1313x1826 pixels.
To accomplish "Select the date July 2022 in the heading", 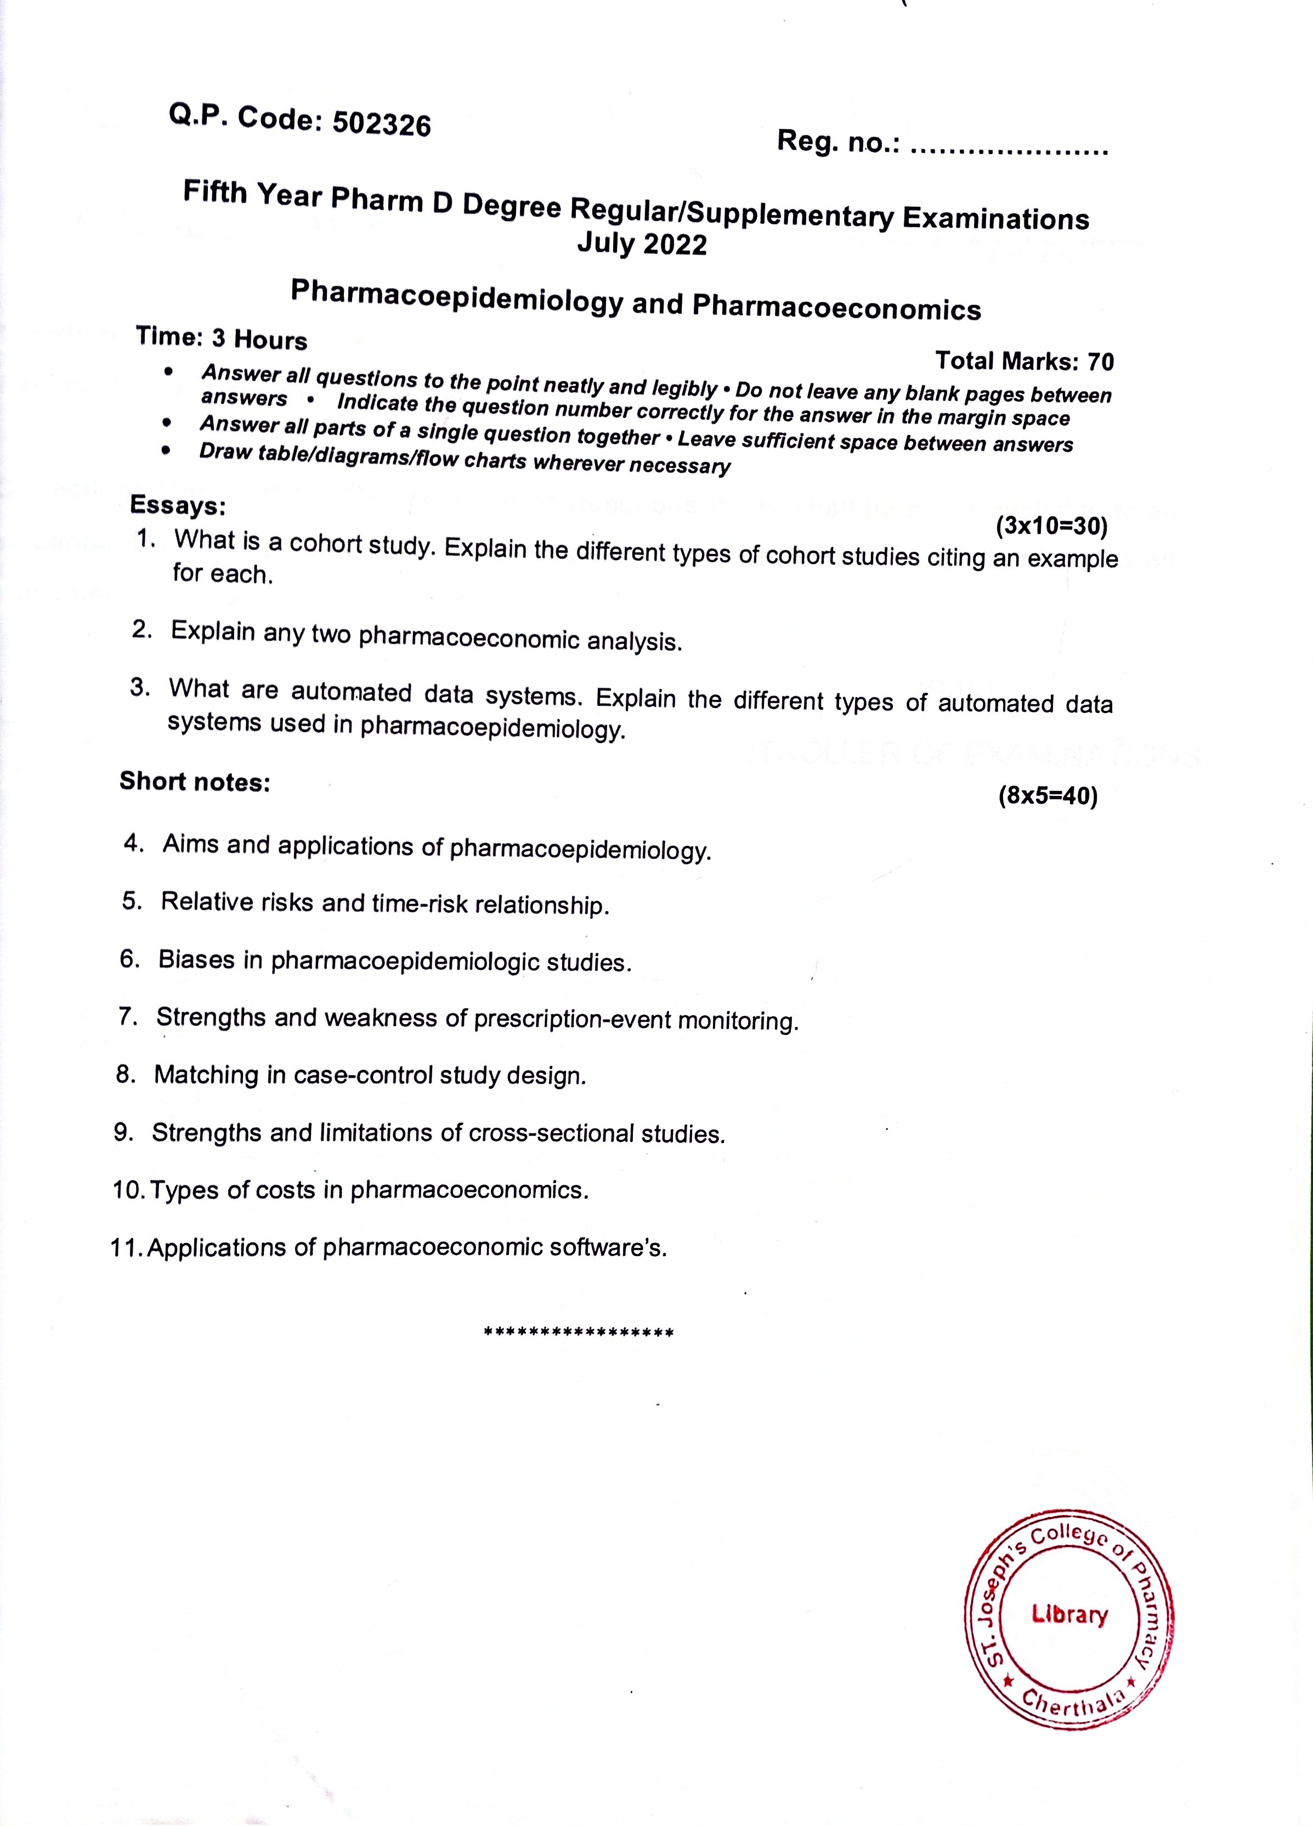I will click(x=642, y=243).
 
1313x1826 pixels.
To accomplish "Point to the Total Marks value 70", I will click(x=1100, y=363).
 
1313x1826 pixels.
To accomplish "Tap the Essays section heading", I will click(x=178, y=506).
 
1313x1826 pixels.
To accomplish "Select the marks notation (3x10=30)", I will click(x=1051, y=527).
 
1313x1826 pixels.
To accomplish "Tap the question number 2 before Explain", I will click(x=142, y=630).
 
